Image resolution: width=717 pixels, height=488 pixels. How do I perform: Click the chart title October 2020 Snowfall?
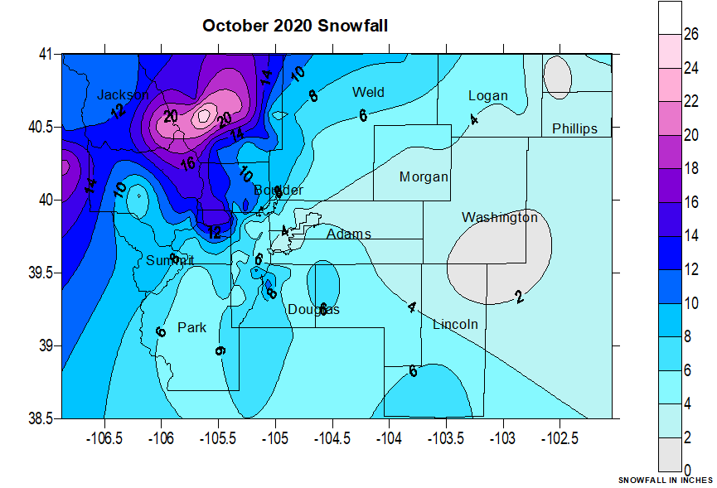(x=295, y=26)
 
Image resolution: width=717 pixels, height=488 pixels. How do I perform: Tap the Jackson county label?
(x=122, y=94)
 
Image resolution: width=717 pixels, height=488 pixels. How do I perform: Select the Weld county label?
(x=368, y=92)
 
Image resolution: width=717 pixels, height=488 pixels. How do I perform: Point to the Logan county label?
(x=487, y=95)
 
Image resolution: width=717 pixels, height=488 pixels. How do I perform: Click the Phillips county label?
(x=574, y=128)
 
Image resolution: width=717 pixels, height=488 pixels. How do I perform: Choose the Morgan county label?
(x=424, y=176)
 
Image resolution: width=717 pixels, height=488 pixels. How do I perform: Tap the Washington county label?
(x=500, y=218)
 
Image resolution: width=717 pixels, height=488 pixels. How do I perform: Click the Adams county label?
(x=348, y=234)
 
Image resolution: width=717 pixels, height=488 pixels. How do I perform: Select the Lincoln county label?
(x=455, y=324)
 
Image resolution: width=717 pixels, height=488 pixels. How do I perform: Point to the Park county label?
(x=191, y=327)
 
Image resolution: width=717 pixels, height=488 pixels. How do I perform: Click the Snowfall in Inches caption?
(x=665, y=481)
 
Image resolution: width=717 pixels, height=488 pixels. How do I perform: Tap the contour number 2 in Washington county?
(x=519, y=297)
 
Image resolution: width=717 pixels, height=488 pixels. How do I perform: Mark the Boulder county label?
(x=279, y=190)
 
